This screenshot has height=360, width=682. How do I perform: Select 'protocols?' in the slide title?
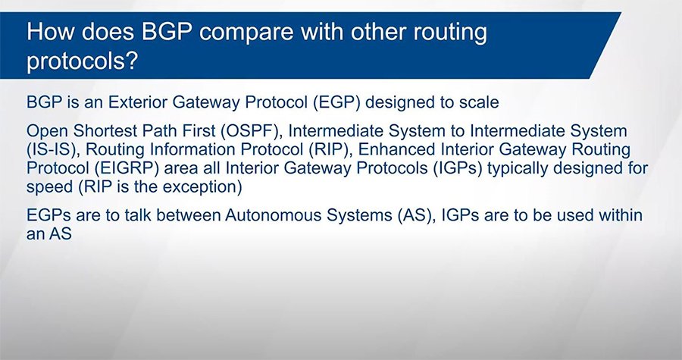click(x=82, y=61)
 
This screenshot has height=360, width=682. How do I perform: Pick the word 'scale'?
click(x=474, y=101)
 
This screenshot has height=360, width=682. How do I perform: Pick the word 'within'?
click(x=621, y=217)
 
